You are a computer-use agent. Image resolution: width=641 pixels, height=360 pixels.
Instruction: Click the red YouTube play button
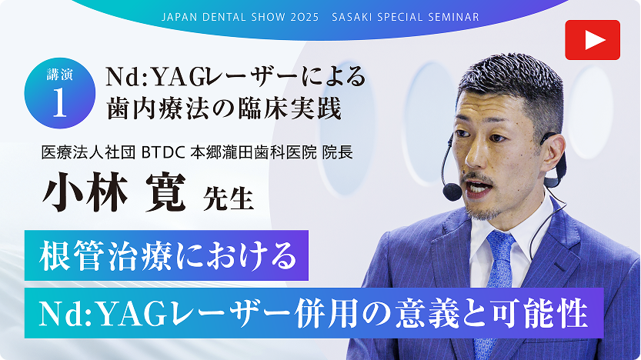[x=593, y=40]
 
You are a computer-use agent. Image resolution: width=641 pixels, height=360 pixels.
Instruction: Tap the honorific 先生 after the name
[x=228, y=198]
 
